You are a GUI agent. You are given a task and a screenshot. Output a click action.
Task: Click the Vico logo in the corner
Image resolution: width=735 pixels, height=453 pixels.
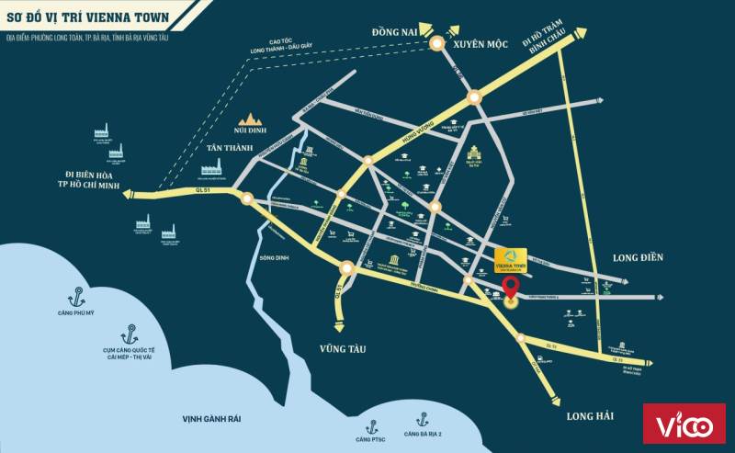684,424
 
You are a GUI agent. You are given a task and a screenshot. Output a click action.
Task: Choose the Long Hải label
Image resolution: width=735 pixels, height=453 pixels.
589,416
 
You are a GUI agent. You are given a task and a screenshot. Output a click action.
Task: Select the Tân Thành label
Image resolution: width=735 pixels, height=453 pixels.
229,147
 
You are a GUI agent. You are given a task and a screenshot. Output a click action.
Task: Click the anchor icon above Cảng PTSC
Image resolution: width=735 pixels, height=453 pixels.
373,426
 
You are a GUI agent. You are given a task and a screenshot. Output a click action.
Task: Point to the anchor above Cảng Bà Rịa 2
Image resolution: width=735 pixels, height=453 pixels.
423,417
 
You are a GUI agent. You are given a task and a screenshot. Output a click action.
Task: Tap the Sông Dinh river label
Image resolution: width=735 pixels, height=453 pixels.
274,258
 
